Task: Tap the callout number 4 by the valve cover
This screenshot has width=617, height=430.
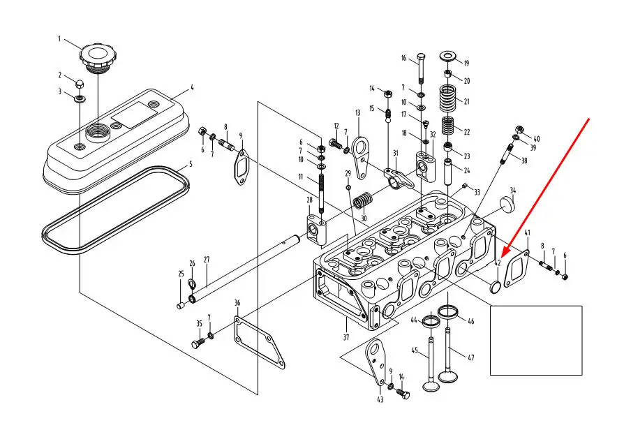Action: pos(192,89)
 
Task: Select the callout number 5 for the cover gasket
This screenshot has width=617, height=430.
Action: pos(190,165)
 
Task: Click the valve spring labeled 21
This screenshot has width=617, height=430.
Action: pos(447,97)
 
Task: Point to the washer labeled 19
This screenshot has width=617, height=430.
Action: pos(448,55)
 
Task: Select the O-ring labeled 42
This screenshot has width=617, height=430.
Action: pos(496,287)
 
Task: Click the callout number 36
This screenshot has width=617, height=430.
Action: pos(237,303)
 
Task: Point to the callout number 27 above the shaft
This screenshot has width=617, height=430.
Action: pos(207,260)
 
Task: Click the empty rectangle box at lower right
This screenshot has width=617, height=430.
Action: pos(536,340)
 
